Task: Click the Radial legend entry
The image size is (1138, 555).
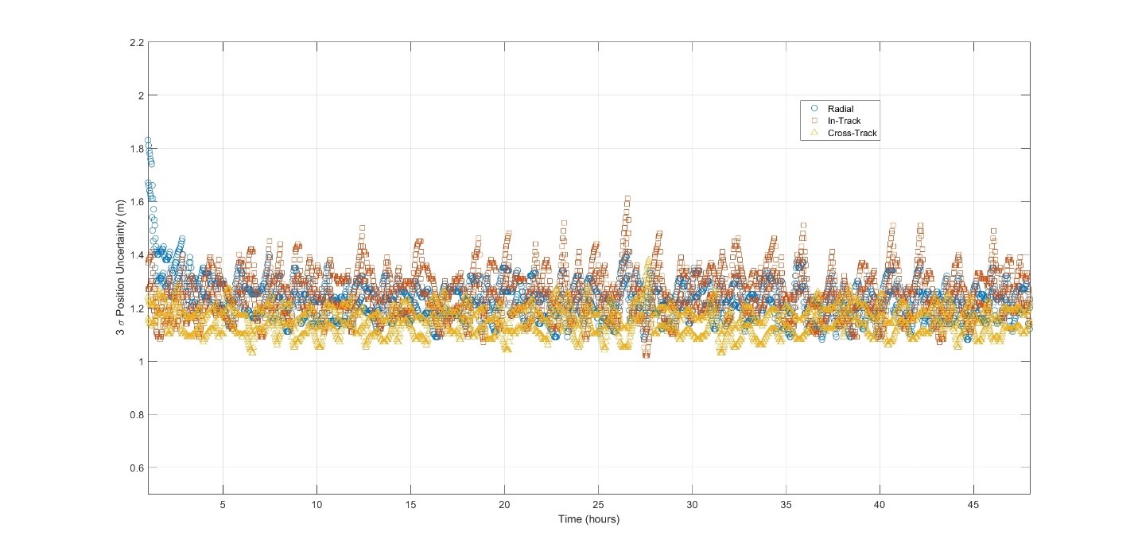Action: [x=841, y=107]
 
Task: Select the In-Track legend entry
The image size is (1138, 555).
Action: [x=844, y=120]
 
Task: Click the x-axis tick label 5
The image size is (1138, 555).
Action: [x=223, y=506]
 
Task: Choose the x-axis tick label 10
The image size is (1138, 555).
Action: [x=317, y=506]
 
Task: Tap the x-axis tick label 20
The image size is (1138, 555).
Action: [x=504, y=506]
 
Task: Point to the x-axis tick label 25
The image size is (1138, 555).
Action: [x=598, y=506]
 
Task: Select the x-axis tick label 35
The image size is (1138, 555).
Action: [x=786, y=506]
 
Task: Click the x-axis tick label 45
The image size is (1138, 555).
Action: [x=973, y=506]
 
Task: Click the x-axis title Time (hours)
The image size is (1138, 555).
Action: [x=588, y=520]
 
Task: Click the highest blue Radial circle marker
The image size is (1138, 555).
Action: [x=148, y=141]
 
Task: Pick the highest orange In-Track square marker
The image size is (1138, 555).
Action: [x=627, y=198]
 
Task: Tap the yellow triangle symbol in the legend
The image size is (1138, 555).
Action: [x=814, y=133]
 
